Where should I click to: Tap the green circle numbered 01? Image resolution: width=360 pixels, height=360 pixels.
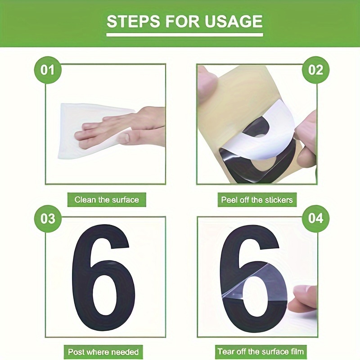coord(47,70)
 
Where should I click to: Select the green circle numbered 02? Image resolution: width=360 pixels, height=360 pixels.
coord(316,70)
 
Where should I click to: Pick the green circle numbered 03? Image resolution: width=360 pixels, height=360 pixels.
coord(47,219)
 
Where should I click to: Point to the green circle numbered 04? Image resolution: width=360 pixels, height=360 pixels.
coord(316,219)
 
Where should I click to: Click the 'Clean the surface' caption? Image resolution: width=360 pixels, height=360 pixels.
coord(107,199)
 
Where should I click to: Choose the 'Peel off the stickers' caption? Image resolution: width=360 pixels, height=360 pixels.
coord(256,199)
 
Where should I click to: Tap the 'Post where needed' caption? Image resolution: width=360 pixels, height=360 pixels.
coord(103,351)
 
